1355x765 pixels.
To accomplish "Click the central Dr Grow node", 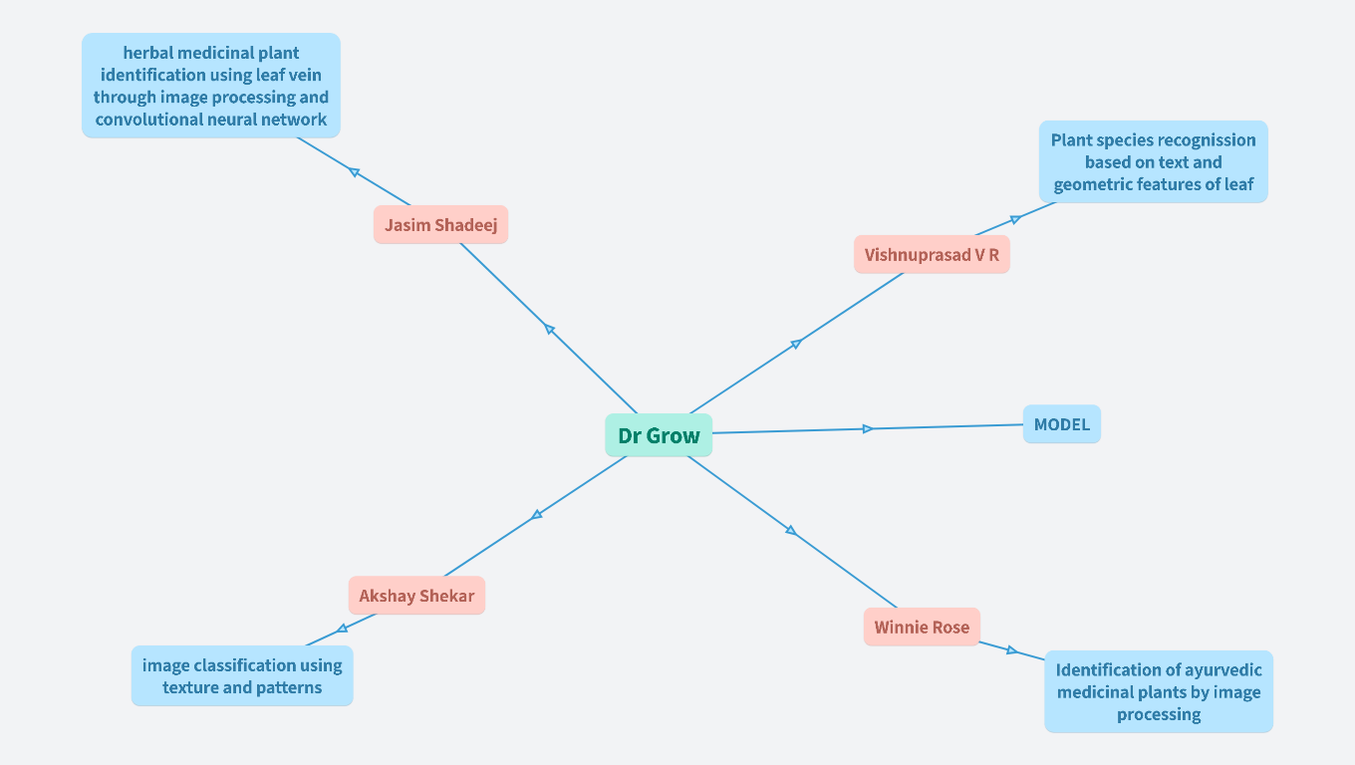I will (659, 435).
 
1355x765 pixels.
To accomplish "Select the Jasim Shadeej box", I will (440, 225).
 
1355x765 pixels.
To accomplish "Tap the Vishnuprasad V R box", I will (932, 255).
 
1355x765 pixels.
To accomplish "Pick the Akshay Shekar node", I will (416, 596).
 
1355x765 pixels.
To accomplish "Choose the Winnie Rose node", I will (922, 628).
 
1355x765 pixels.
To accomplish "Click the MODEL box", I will (1061, 424).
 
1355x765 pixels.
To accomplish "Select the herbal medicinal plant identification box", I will (211, 86).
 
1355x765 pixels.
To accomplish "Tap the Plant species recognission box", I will (1153, 162).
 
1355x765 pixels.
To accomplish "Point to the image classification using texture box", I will (242, 676).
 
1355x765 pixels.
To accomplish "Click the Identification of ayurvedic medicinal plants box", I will (1159, 691).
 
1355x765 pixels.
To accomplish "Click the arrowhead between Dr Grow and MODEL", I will (868, 428).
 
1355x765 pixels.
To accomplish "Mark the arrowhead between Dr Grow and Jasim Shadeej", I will (549, 329).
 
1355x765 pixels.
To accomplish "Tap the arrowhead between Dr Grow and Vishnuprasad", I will (796, 344).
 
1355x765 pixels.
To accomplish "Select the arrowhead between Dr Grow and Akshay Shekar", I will (537, 514).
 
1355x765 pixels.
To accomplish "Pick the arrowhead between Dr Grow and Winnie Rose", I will (791, 530).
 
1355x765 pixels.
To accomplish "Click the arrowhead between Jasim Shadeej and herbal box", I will (354, 172).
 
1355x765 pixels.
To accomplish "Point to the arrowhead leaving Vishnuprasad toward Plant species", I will (1014, 219).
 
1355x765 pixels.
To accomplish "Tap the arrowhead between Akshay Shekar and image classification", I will (342, 629).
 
